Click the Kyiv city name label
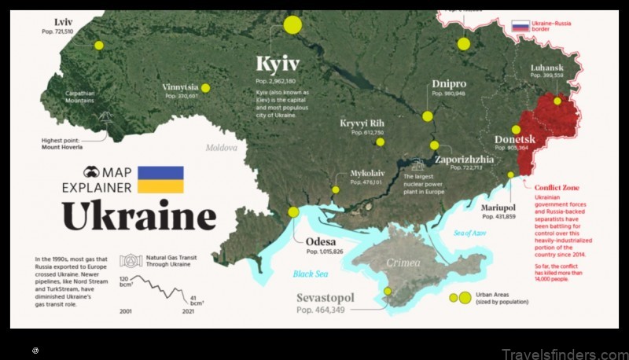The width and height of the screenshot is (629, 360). (278, 63)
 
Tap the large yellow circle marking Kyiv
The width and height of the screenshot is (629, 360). (292, 24)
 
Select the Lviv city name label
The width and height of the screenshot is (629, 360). (64, 21)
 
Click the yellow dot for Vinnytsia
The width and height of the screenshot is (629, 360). (205, 88)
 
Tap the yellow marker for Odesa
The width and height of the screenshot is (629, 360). (293, 211)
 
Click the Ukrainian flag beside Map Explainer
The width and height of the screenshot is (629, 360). (160, 179)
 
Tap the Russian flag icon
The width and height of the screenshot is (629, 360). (520, 26)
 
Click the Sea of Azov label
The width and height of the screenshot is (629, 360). (470, 233)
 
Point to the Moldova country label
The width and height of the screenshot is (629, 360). (221, 147)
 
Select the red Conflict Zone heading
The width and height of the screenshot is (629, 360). (557, 187)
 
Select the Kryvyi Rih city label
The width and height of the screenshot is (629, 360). (362, 123)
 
